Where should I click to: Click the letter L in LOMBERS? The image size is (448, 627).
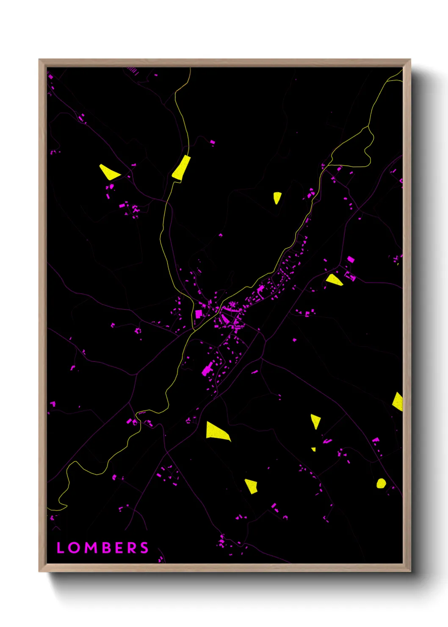point(60,548)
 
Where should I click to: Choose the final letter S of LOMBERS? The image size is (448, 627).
point(144,548)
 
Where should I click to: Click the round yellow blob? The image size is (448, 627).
point(381,483)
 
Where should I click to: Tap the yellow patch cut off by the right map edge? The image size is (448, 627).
point(398,402)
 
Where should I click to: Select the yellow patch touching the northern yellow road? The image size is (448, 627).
point(182,168)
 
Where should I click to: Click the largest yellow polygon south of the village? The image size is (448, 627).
point(216,431)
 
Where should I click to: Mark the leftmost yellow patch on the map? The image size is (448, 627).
point(109,172)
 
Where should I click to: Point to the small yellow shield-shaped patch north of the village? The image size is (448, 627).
point(277,197)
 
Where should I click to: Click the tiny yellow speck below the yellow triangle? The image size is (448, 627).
point(314,449)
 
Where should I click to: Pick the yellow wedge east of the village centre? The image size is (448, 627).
point(334,280)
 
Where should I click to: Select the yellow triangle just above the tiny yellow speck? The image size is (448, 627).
point(315,421)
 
